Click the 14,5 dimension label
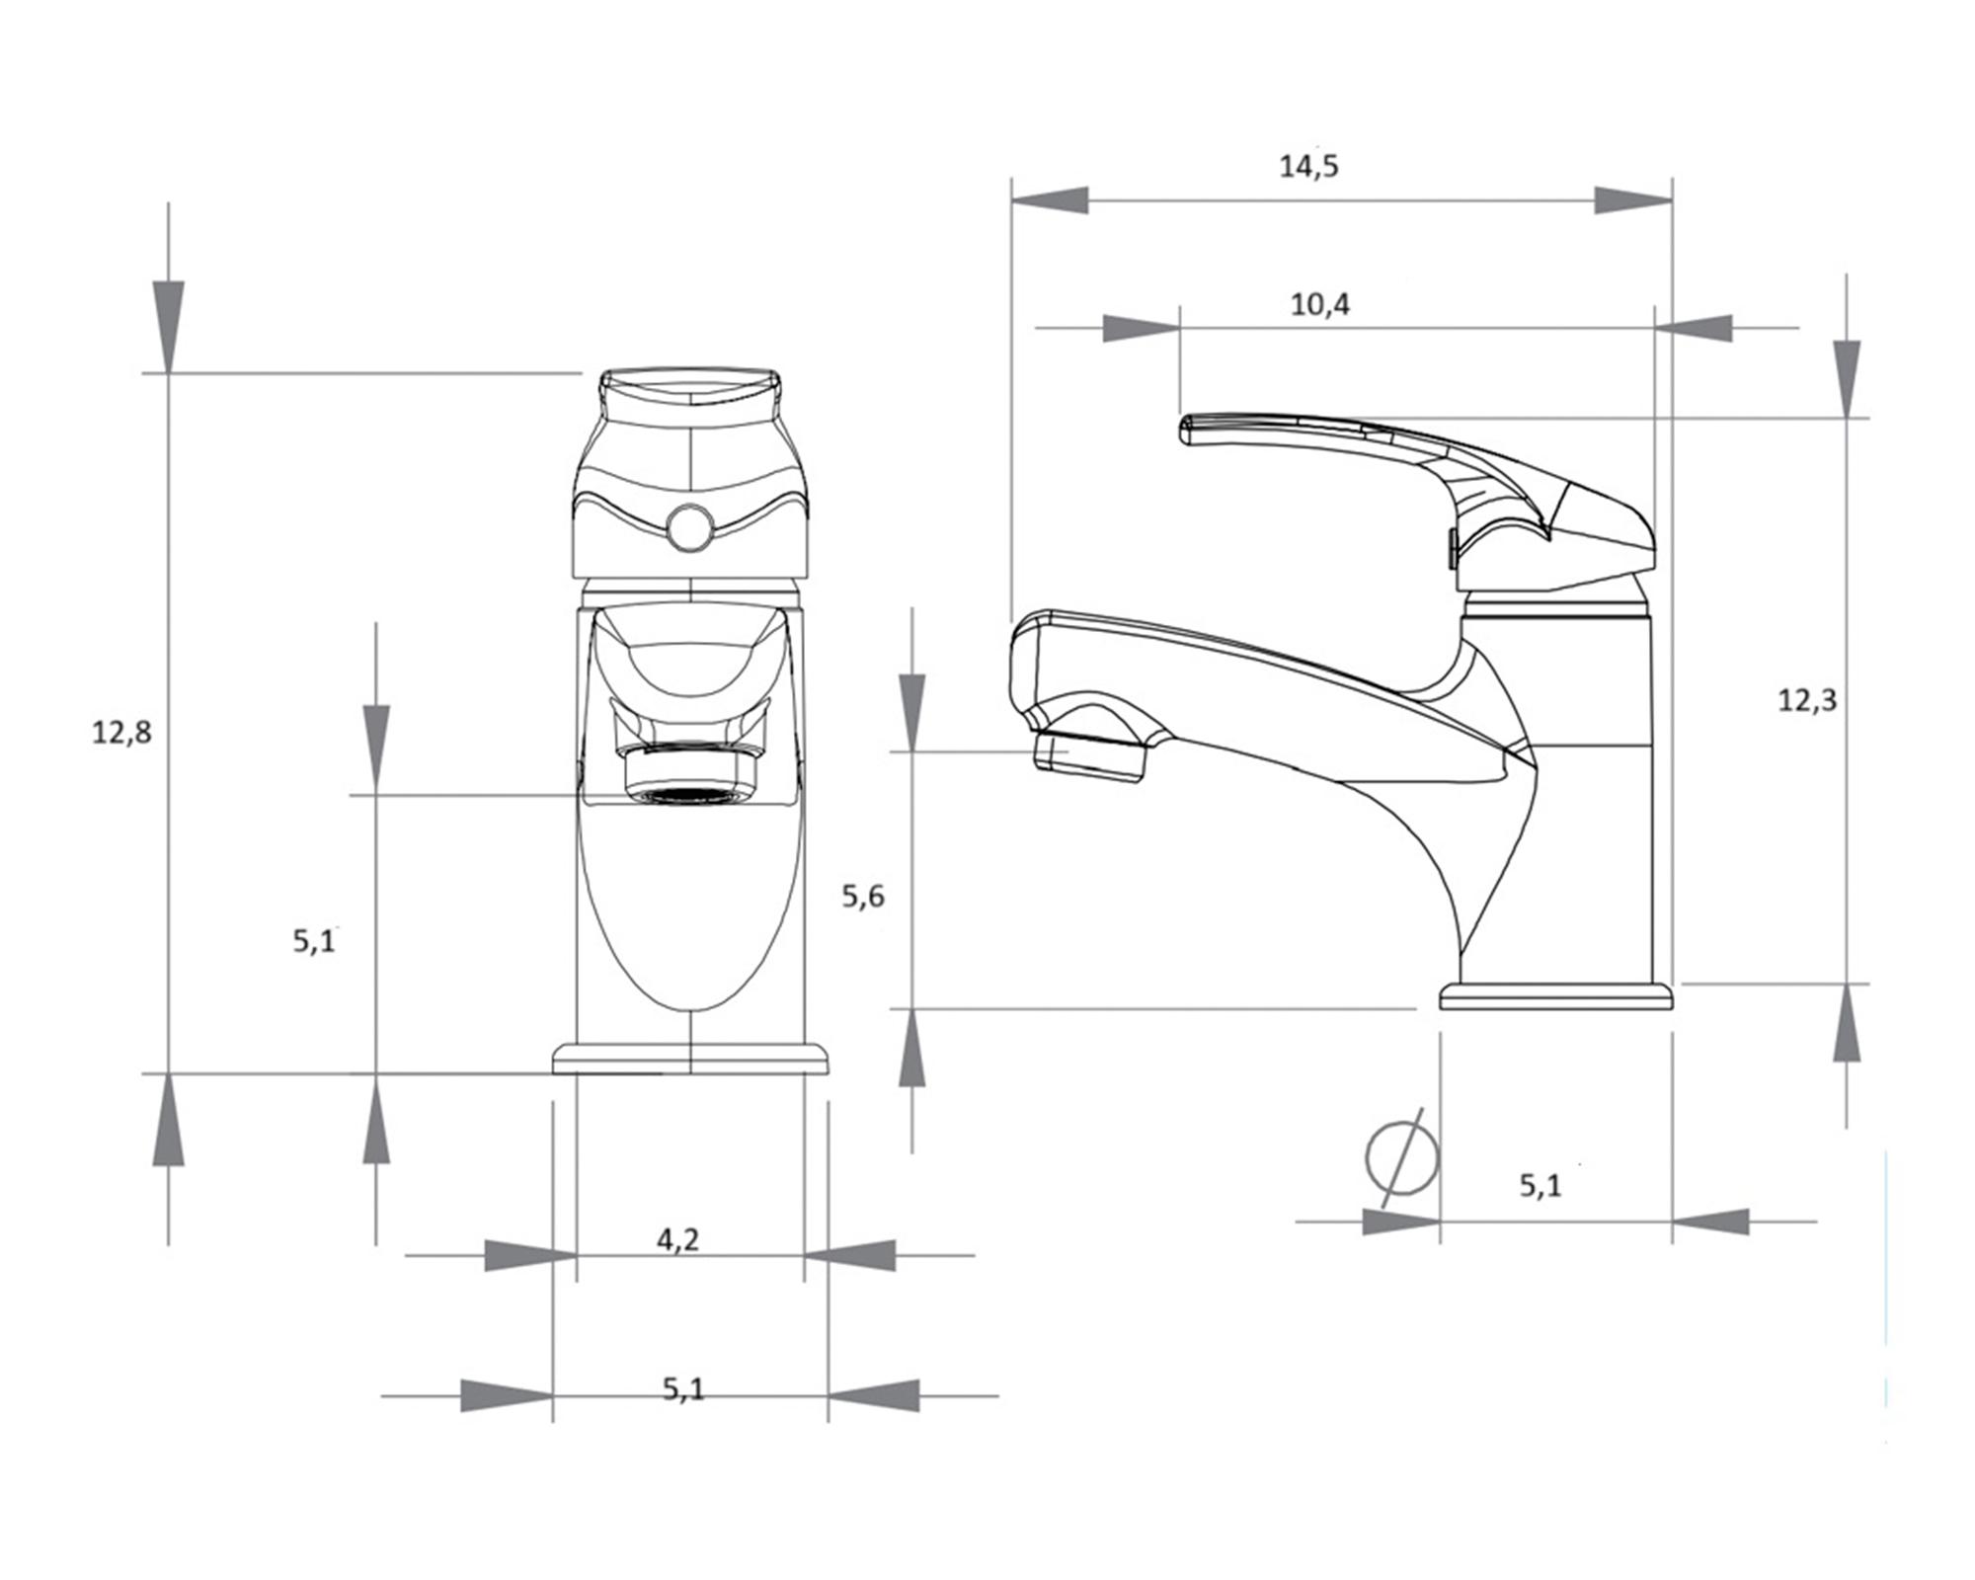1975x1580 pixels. click(x=1308, y=166)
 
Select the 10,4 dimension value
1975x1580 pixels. click(x=1320, y=305)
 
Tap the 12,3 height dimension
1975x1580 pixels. click(x=1807, y=700)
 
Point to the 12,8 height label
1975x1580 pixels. click(x=121, y=733)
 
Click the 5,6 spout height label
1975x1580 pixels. click(x=863, y=897)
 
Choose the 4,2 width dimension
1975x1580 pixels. click(x=677, y=1239)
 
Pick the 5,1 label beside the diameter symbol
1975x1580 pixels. click(x=1540, y=1185)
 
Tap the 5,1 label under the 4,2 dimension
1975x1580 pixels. click(x=683, y=1389)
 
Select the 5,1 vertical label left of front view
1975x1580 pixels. click(x=314, y=941)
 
